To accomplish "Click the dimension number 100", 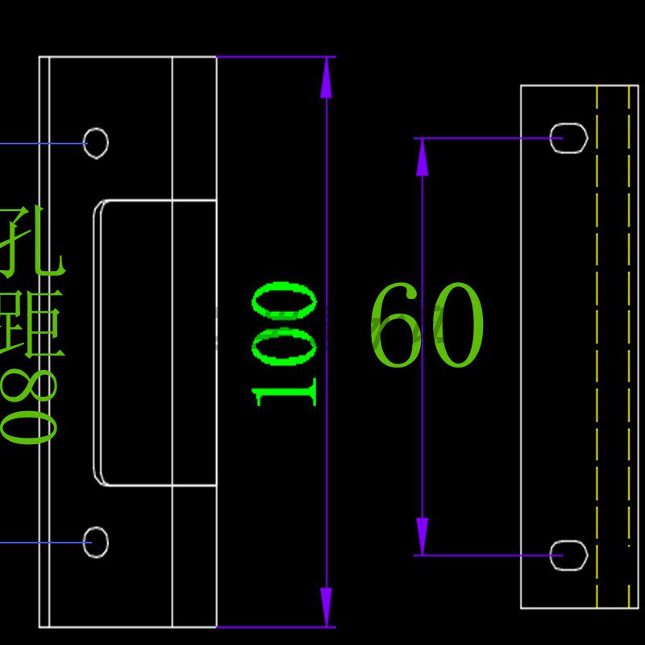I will (x=284, y=343).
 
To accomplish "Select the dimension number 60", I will (x=426, y=326).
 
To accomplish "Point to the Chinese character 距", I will (x=32, y=322).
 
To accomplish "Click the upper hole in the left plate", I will (x=96, y=144).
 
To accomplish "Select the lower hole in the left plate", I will (x=96, y=542).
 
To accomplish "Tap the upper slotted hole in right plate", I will (x=569, y=138).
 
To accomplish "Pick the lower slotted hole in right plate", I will (x=569, y=556).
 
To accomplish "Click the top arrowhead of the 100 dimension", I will (x=326, y=79).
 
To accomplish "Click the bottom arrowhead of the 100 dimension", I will (x=326, y=606).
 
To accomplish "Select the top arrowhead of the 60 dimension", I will (x=422, y=156).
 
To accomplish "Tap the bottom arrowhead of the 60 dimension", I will (x=422, y=536).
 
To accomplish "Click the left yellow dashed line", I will (x=597, y=347).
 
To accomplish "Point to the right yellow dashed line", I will (x=629, y=347).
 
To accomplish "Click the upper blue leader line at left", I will (x=40, y=144).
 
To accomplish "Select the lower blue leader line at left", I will (x=40, y=543).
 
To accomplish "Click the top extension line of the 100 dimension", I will (x=274, y=57).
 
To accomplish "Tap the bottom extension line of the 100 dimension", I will (x=274, y=626).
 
